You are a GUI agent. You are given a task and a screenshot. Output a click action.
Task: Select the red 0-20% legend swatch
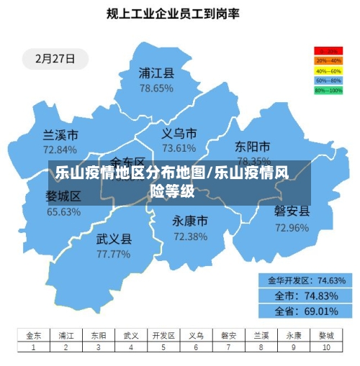(328, 51)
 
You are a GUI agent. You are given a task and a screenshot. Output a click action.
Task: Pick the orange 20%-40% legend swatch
(328, 61)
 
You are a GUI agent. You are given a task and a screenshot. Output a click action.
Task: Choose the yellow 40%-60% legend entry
(328, 71)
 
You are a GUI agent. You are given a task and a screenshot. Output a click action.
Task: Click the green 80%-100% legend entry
(328, 91)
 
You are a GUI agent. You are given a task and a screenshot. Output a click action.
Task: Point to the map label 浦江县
(156, 73)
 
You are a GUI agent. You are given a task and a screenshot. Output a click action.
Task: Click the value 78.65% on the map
(156, 88)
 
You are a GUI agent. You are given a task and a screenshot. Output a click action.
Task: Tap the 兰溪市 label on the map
(60, 135)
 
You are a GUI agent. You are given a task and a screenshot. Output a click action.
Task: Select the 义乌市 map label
(179, 134)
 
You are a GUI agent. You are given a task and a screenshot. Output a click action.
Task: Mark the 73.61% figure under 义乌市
(179, 148)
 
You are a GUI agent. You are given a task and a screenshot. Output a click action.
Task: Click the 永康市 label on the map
(190, 221)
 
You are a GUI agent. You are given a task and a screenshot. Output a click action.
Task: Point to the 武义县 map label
(114, 239)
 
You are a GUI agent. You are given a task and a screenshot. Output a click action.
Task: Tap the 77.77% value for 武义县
(114, 254)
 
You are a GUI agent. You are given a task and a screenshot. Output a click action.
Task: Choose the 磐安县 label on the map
(292, 211)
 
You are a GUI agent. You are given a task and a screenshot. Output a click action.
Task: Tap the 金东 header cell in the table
(34, 335)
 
